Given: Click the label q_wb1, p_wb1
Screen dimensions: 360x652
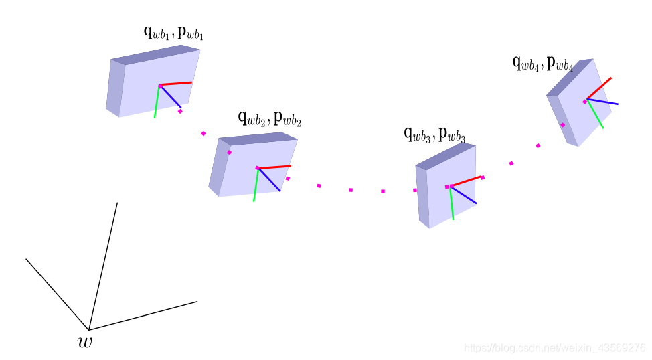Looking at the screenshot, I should tap(173, 32).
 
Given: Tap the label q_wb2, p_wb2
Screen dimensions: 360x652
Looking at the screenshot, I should tap(269, 118).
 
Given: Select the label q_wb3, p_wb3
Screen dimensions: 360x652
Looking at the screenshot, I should tap(434, 134).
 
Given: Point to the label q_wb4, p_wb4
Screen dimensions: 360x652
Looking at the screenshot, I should tap(542, 64).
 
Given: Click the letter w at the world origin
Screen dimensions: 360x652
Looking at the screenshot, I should tap(85, 343).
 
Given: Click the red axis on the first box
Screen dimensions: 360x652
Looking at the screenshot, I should tap(177, 84).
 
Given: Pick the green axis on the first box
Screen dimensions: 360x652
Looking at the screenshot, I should tap(157, 103).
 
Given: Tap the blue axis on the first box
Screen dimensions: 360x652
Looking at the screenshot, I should tap(171, 97).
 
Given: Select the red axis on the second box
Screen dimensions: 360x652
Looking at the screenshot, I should tap(276, 166).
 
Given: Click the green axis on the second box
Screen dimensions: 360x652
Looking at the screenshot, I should tap(256, 185).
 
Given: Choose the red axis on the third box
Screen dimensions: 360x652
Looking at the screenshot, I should tap(467, 180).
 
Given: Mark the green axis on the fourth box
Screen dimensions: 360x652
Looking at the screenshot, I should tap(596, 115).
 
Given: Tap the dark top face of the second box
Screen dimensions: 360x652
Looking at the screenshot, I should tap(258, 139).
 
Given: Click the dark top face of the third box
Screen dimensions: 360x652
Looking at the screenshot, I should tap(445, 156).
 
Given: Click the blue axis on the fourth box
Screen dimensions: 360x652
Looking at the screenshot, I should tap(604, 102).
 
